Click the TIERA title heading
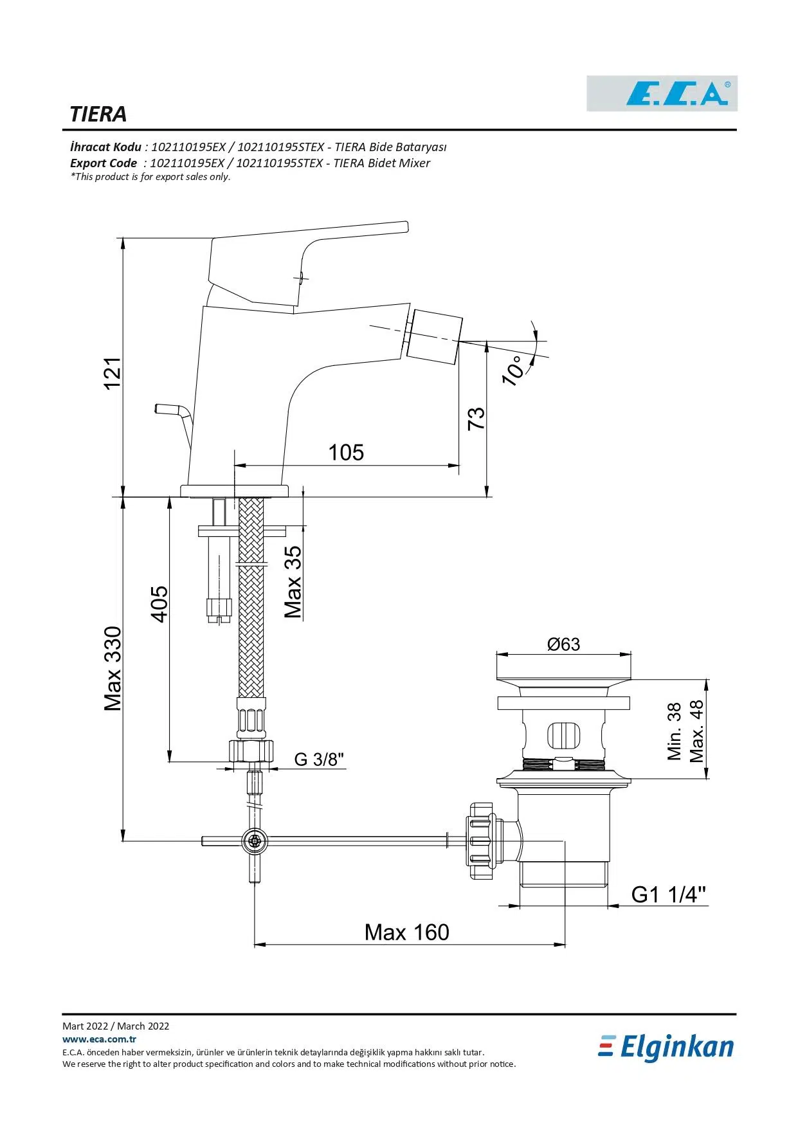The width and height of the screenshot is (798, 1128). pos(98,114)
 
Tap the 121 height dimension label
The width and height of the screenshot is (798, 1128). pos(113,373)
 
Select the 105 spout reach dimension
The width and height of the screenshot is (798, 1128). pos(346,453)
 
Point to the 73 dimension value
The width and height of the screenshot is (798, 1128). pos(476,419)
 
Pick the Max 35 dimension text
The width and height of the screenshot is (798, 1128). pos(293,582)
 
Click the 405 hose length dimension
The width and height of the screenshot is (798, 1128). pos(159,603)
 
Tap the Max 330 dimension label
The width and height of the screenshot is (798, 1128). pos(113,669)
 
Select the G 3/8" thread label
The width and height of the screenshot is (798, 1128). pos(319,760)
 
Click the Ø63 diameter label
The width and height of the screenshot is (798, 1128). pos(563,644)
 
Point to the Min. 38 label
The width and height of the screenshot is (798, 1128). pos(674,732)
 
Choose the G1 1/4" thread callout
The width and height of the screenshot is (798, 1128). pos(668,895)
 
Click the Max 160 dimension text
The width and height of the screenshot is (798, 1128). pos(406,932)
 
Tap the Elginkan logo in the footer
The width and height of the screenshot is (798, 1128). pos(666,1048)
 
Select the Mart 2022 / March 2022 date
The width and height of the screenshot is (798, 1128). pos(116,1026)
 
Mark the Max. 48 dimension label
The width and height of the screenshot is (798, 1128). pos(697,732)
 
